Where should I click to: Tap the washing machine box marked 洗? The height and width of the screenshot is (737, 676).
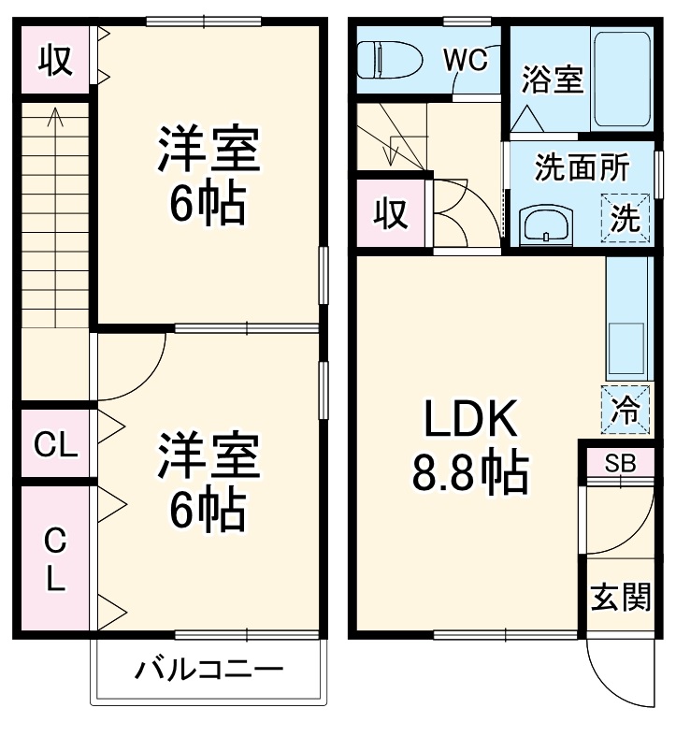click(x=625, y=218)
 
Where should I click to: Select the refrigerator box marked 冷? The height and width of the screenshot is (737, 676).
click(x=626, y=409)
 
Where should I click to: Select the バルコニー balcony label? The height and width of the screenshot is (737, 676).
click(x=208, y=670)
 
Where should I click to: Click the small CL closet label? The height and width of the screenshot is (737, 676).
click(x=55, y=445)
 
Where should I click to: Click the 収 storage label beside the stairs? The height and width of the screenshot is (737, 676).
click(x=391, y=214)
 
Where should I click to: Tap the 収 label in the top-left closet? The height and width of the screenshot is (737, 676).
click(x=55, y=60)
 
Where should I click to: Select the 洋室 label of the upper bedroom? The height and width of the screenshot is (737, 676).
click(x=208, y=150)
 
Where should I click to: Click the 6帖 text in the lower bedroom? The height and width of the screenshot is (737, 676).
click(x=208, y=508)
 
